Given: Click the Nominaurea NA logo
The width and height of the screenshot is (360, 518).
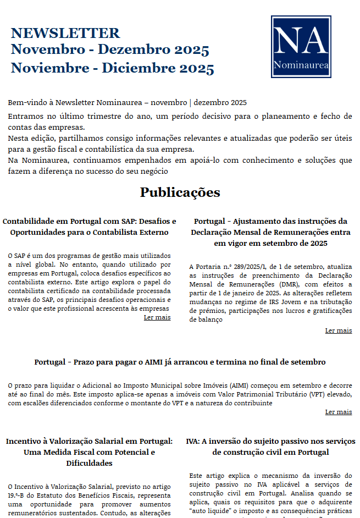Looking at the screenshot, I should [301, 46].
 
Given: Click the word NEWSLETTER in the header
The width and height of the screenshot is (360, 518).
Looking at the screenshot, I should [65, 33].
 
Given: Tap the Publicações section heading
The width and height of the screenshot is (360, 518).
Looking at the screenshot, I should [180, 192].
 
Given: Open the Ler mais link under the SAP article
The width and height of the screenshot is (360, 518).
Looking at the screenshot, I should [157, 317].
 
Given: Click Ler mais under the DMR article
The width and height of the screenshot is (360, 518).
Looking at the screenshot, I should [338, 330].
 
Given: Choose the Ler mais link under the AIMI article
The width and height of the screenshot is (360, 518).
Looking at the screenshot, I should [338, 412].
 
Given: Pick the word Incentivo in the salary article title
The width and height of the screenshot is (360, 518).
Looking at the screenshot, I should [24, 441].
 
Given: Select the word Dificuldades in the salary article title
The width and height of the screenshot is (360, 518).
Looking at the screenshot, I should [90, 463].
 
